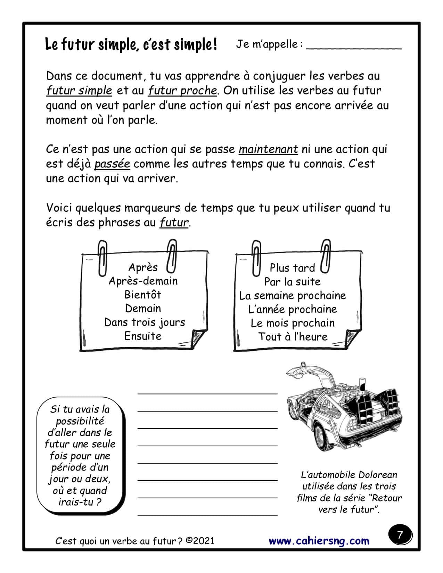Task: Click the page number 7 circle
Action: pos(400,535)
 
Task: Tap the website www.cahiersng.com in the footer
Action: pos(319,541)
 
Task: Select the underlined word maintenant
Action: pos(268,149)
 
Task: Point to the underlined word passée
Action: pos(112,164)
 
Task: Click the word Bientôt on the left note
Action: pos(143,294)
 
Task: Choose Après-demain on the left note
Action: pos(143,281)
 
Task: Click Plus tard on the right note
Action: pos(292,268)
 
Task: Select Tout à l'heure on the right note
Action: pos(293,337)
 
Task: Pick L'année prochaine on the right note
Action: pos(293,309)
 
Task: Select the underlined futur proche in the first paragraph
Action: pos(182,91)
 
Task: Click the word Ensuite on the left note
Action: pos(143,336)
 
